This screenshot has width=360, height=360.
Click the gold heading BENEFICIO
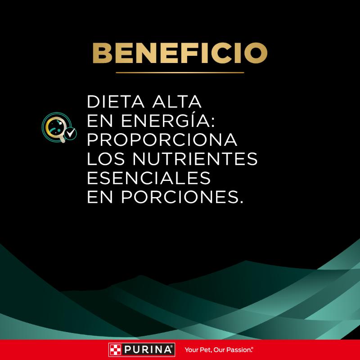tap(180, 53)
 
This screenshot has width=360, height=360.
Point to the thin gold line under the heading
tap(180, 72)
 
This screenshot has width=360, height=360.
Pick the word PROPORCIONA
tap(162, 140)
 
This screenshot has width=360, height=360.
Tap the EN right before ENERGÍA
tap(98, 121)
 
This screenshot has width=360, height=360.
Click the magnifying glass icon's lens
tap(55, 126)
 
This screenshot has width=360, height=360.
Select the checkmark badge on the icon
tap(70, 133)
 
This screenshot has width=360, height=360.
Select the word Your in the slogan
tap(191, 349)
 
